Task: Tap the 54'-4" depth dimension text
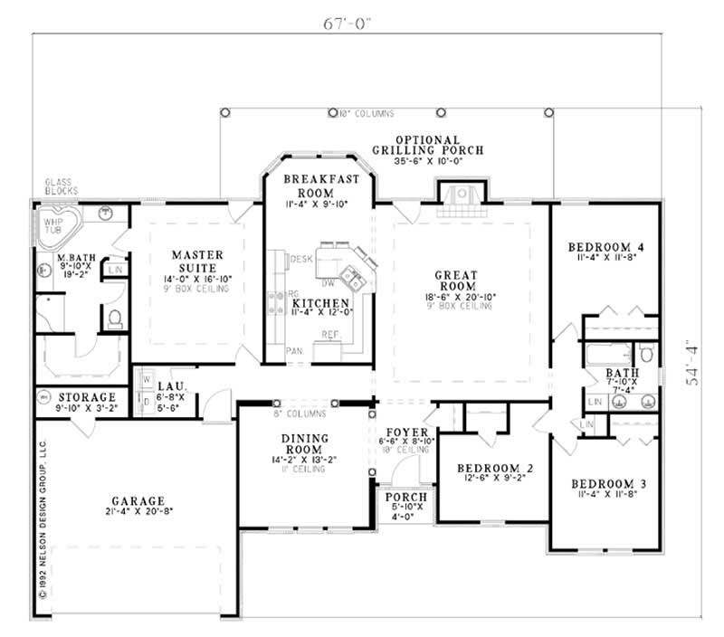(695, 362)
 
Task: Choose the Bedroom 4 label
(605, 246)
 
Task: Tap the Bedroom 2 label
(492, 468)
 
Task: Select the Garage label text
(138, 500)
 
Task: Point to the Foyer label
(401, 432)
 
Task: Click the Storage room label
(87, 396)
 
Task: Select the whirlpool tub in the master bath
(56, 226)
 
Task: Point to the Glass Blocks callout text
(61, 186)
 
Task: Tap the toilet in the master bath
(115, 318)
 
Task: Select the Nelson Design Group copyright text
(43, 520)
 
